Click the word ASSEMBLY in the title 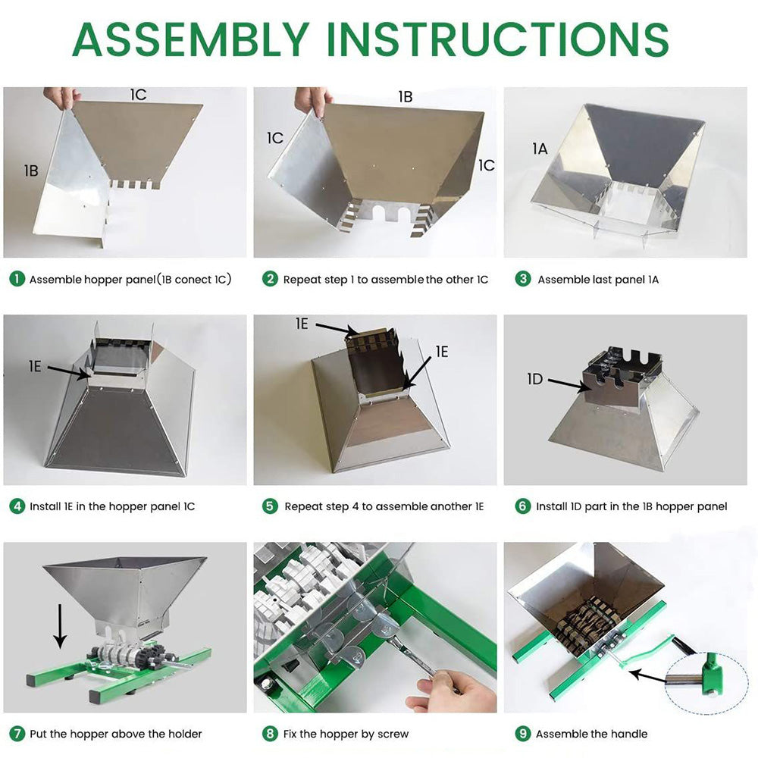(191, 39)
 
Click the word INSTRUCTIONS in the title (498, 39)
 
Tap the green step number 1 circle (17, 279)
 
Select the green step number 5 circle (270, 506)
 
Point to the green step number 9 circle (522, 733)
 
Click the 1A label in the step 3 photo (540, 149)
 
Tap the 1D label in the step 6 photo (535, 379)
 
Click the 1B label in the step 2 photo (406, 97)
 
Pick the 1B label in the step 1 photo (31, 171)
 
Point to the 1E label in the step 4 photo (35, 366)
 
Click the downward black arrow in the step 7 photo (60, 625)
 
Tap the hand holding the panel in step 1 (62, 97)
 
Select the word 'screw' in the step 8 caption (393, 735)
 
